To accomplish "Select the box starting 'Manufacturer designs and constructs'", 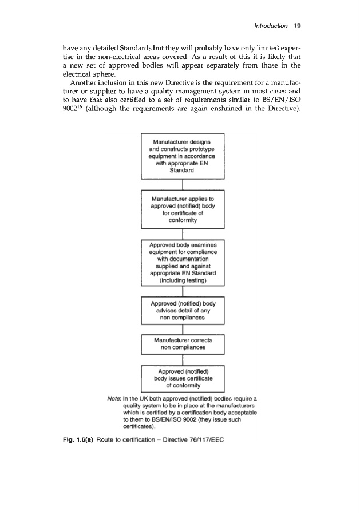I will pyautogui.click(x=181, y=156).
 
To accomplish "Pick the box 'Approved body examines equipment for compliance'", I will pyautogui.click(x=181, y=264).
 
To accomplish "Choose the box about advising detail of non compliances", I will pyautogui.click(x=181, y=311).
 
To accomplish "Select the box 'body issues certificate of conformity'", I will pyautogui.click(x=181, y=378).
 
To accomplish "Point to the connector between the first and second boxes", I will pyautogui.click(x=181, y=184).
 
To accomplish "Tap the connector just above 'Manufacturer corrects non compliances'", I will pyautogui.click(x=181, y=329).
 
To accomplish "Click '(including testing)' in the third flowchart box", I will pyautogui.click(x=181, y=281).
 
